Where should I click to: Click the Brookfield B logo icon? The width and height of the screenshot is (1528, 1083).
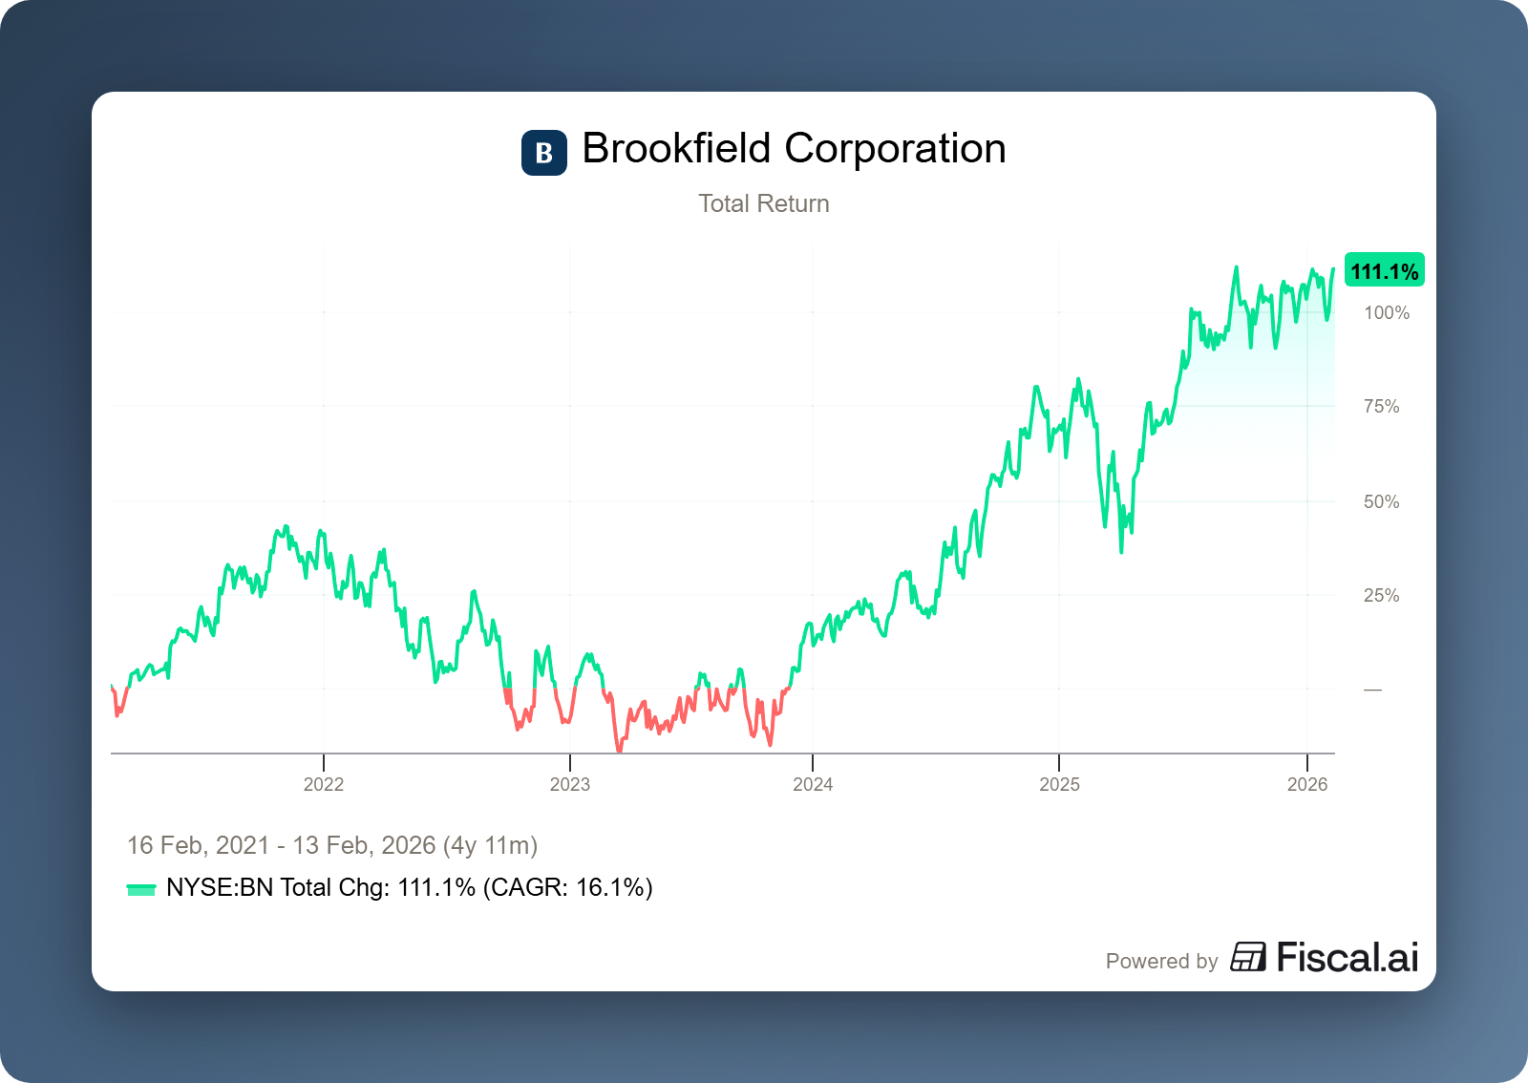coord(543,153)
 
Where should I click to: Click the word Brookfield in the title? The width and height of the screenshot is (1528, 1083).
coord(676,149)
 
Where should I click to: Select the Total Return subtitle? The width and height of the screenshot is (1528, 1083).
coord(763,203)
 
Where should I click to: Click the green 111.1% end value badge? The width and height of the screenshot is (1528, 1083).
coord(1384,271)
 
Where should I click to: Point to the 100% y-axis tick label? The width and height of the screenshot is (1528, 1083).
coord(1386,313)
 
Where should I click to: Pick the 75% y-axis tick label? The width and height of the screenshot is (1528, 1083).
coord(1381,407)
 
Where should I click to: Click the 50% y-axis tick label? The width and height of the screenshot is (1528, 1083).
coord(1381,501)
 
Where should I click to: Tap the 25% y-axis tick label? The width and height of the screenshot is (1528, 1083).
coord(1381,596)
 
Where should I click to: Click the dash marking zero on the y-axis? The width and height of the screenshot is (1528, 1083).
coord(1372,690)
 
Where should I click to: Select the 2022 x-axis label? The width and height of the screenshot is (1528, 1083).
coord(324,784)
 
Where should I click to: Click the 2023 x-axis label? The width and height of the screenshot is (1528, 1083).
coord(570,784)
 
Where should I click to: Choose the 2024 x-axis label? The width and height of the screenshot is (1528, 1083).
coord(813,784)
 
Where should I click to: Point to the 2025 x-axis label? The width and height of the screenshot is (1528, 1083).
coord(1059,784)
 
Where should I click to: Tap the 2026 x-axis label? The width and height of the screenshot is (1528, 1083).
coord(1307,784)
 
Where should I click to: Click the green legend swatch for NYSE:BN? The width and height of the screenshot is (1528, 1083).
coord(141,889)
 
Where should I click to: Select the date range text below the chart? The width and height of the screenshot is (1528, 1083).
coord(332,845)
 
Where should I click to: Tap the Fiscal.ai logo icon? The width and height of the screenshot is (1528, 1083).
coord(1248,957)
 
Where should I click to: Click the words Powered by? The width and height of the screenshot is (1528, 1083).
coord(1161,961)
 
